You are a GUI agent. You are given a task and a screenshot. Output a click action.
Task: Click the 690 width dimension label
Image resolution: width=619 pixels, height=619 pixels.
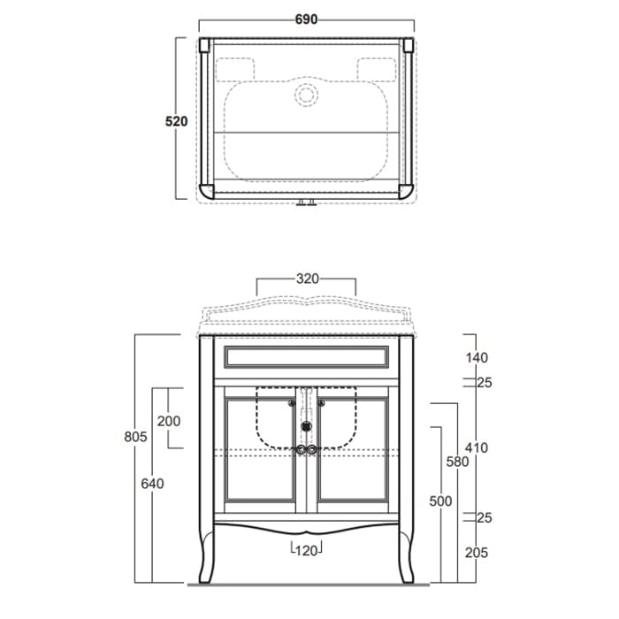tap(306, 19)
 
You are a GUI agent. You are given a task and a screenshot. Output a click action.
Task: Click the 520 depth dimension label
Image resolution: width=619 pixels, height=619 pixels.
tap(176, 121)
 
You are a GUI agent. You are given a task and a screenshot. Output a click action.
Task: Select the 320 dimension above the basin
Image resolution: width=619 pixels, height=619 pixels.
tap(307, 279)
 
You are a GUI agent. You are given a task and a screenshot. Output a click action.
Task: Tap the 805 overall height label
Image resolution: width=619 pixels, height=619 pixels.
tap(135, 437)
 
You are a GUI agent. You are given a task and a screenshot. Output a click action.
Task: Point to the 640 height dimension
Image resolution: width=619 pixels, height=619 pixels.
tap(152, 484)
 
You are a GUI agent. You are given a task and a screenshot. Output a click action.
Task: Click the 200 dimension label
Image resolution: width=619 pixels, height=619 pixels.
tap(169, 421)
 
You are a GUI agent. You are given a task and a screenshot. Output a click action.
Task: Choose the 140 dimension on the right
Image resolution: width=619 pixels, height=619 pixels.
tap(477, 357)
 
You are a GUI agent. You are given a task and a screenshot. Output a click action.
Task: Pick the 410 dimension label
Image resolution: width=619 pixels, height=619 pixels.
tap(477, 447)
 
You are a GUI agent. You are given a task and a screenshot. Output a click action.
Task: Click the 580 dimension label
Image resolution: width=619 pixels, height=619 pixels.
tap(457, 462)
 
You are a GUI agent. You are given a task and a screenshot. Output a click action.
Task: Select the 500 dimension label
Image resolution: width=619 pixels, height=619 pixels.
tap(440, 501)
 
